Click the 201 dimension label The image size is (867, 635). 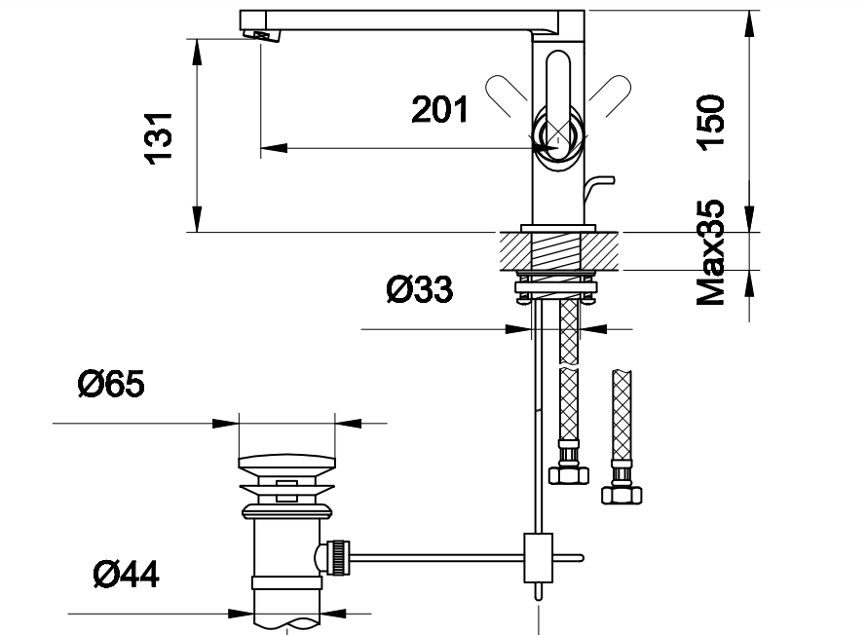439,109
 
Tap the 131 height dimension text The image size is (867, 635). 158,138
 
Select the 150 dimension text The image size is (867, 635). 710,122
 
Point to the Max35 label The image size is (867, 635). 710,252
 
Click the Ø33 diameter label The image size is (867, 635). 420,289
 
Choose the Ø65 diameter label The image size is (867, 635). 111,384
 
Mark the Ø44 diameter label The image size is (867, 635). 126,574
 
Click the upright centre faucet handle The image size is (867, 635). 557,99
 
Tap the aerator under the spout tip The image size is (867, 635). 262,35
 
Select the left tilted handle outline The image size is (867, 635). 507,95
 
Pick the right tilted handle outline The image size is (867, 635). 610,95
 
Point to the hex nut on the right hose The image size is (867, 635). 622,495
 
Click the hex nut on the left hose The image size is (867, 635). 568,474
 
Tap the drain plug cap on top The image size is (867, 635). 287,462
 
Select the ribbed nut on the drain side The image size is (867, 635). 339,558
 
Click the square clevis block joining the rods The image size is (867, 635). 538,558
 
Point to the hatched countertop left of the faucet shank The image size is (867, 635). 516,251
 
